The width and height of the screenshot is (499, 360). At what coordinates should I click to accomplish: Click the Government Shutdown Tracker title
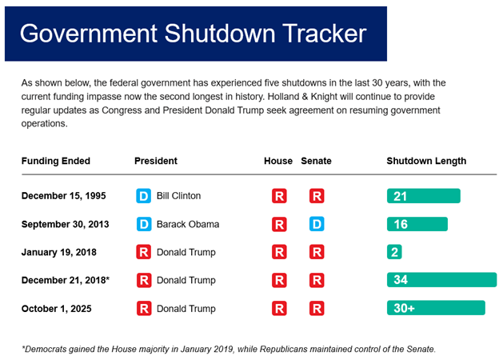pyautogui.click(x=193, y=33)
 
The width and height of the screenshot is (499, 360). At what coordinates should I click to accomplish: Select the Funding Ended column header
pyautogui.click(x=55, y=161)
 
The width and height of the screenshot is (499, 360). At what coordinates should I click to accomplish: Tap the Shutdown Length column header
pyautogui.click(x=426, y=161)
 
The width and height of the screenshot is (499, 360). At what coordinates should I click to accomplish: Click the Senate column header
pyautogui.click(x=316, y=161)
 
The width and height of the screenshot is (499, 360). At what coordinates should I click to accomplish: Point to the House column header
pyautogui.click(x=278, y=161)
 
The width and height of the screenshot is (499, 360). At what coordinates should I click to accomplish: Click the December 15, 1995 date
pyautogui.click(x=65, y=196)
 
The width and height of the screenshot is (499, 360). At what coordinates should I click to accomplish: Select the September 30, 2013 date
pyautogui.click(x=65, y=224)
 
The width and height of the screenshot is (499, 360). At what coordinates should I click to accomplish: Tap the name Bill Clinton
pyautogui.click(x=178, y=196)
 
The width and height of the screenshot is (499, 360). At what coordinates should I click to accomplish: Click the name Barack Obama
pyautogui.click(x=187, y=224)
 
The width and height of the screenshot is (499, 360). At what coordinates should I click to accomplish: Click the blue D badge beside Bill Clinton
pyautogui.click(x=144, y=196)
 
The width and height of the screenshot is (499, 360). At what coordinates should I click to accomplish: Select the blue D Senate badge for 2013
pyautogui.click(x=317, y=224)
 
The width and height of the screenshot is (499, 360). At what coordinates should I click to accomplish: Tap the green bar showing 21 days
pyautogui.click(x=423, y=196)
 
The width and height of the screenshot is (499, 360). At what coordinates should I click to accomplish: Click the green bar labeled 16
pyautogui.click(x=417, y=224)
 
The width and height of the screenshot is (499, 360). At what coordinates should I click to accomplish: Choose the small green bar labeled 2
pyautogui.click(x=394, y=252)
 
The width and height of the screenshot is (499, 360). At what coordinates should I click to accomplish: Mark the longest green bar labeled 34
pyautogui.click(x=441, y=280)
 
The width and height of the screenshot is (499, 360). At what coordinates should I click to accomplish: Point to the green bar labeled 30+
pyautogui.click(x=435, y=308)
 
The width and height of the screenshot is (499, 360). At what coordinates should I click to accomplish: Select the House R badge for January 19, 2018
pyautogui.click(x=279, y=252)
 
